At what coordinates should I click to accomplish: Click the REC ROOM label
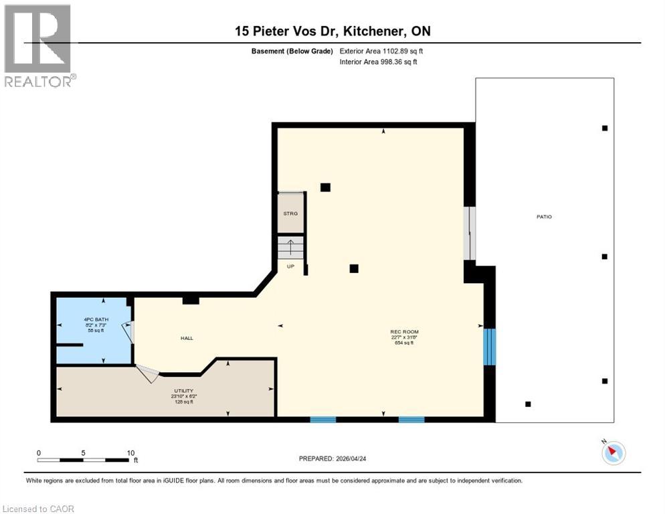[404, 331]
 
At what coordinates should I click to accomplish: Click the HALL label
[187, 338]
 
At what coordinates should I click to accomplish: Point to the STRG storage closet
[290, 213]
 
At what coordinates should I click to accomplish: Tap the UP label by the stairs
[290, 266]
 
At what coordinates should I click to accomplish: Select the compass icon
[613, 453]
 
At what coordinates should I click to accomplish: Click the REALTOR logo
[39, 46]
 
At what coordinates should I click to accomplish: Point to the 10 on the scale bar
[130, 452]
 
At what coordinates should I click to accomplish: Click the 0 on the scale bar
[39, 452]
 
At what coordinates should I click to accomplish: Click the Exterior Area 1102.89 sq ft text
[381, 51]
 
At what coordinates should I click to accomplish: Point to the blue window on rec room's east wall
[490, 346]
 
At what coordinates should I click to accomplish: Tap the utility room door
[147, 373]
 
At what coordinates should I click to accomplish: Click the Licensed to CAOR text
[39, 509]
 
